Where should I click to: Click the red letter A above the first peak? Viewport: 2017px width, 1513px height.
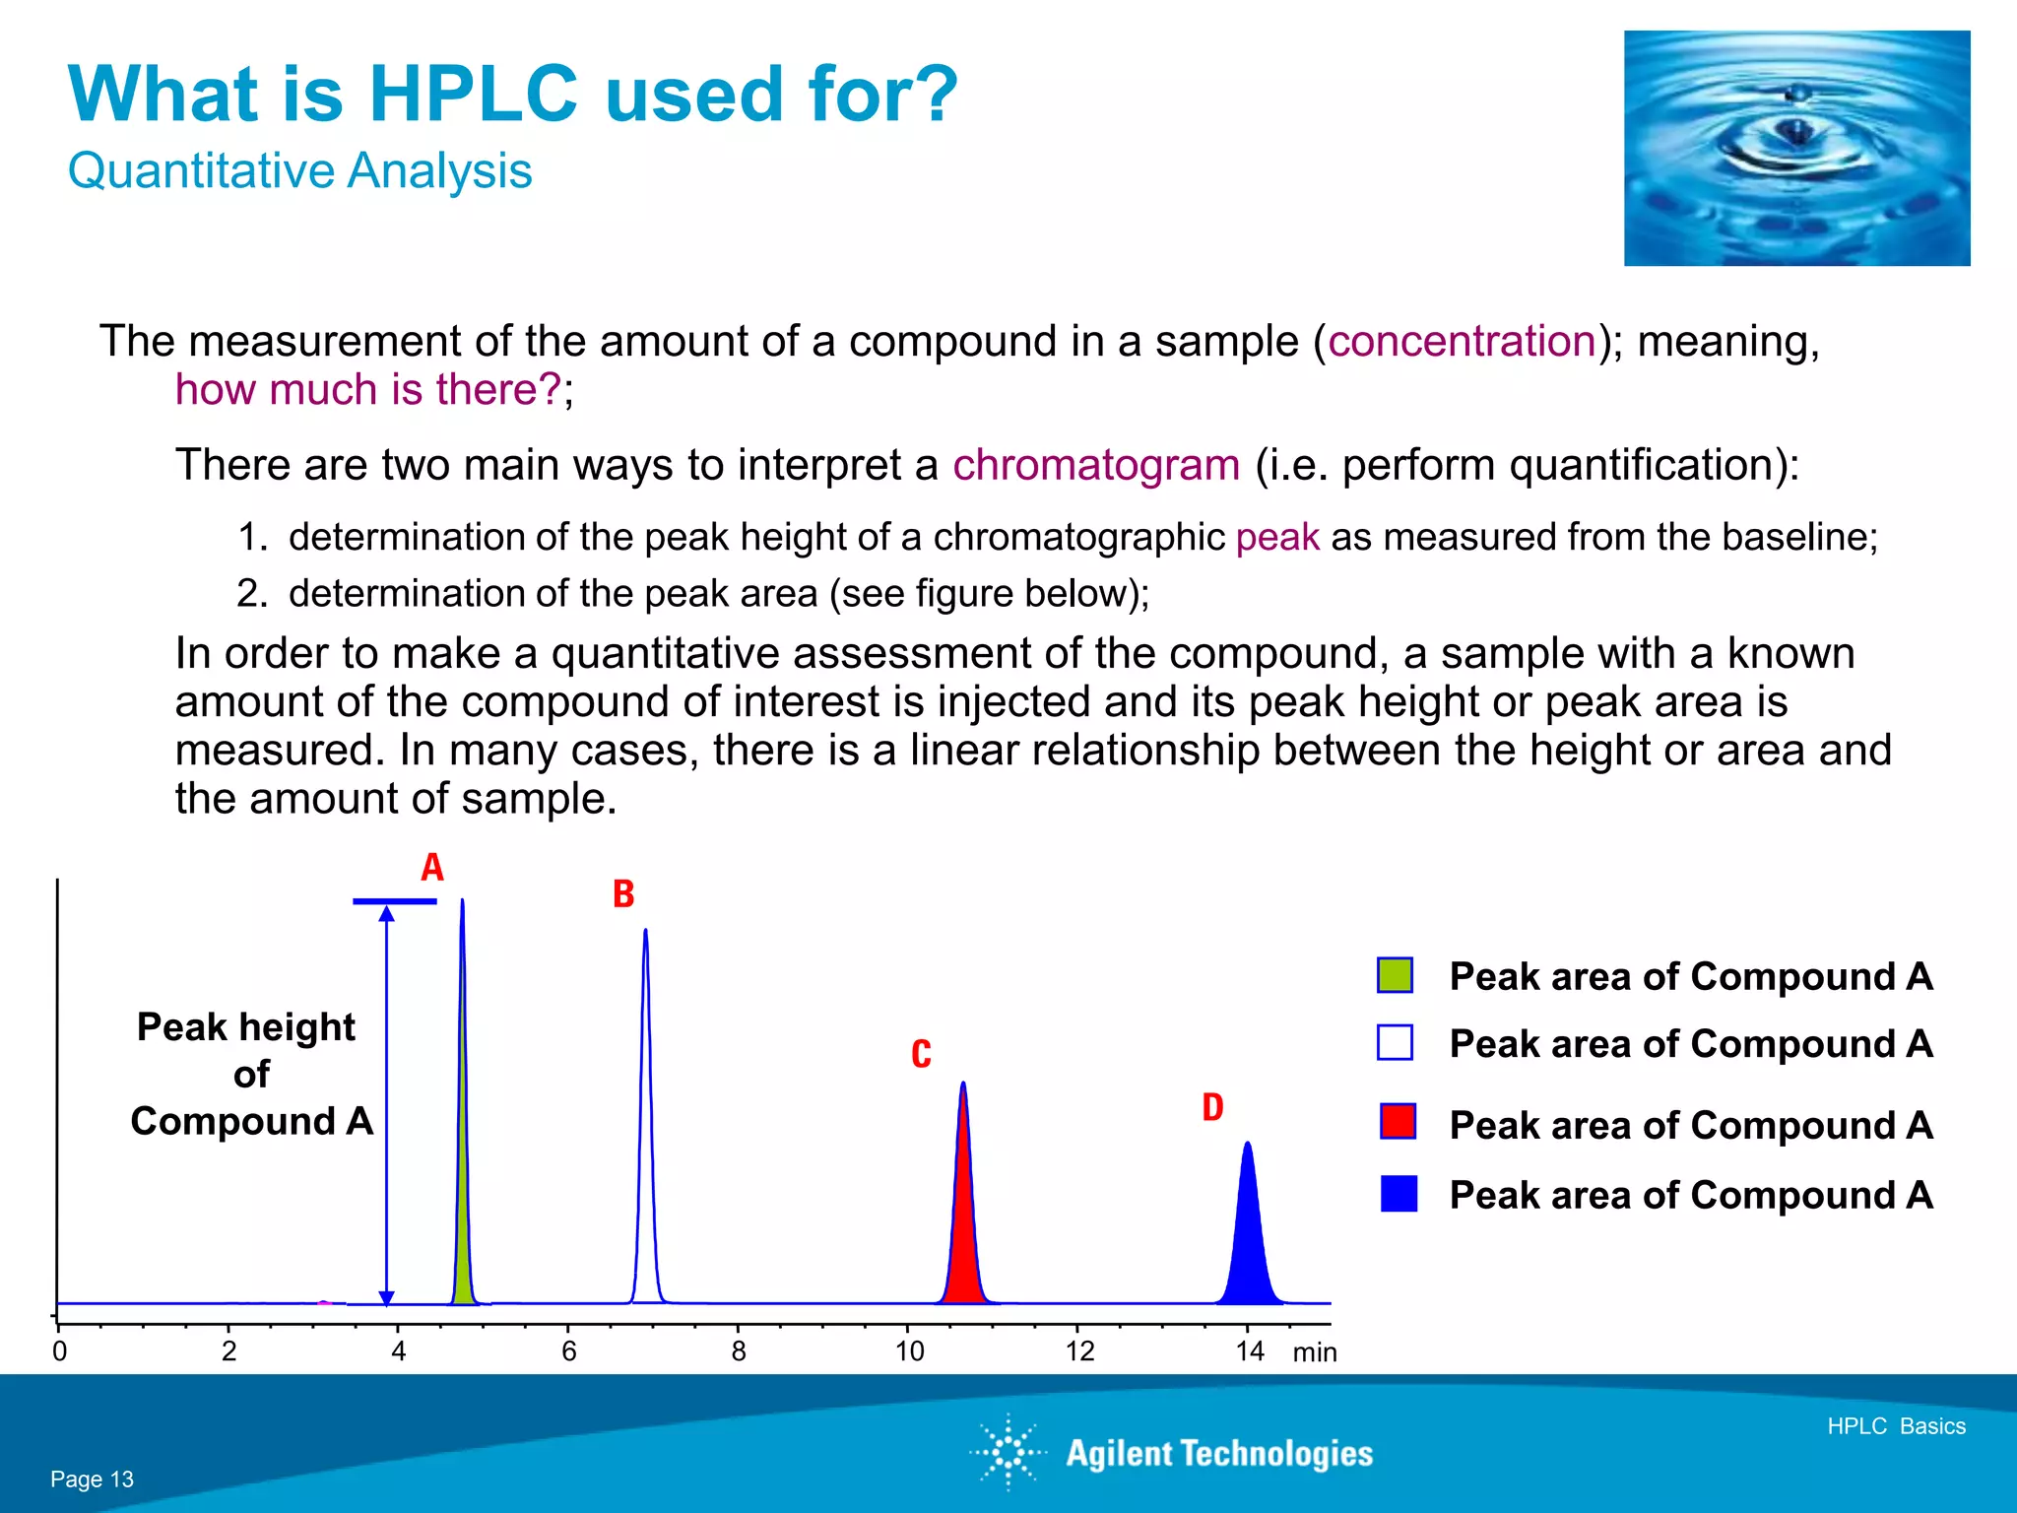pyautogui.click(x=432, y=868)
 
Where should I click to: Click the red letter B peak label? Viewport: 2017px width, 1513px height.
pyautogui.click(x=623, y=894)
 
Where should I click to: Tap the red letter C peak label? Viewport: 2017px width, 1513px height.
pyautogui.click(x=921, y=1054)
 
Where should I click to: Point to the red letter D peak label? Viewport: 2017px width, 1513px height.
pyautogui.click(x=1212, y=1107)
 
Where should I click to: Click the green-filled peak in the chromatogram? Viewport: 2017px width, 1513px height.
pyautogui.click(x=463, y=1231)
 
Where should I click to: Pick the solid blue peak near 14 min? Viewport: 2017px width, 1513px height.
pyautogui.click(x=1249, y=1241)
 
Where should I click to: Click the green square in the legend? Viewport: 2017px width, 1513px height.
pyautogui.click(x=1395, y=975)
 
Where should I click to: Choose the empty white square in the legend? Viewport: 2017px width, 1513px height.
pyautogui.click(x=1395, y=1042)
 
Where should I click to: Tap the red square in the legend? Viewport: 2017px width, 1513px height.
pyautogui.click(x=1398, y=1122)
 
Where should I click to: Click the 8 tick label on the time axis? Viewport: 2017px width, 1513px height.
pyautogui.click(x=739, y=1351)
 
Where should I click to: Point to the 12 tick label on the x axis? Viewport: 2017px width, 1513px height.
pyautogui.click(x=1079, y=1351)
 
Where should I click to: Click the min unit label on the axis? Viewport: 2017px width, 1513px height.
pyautogui.click(x=1314, y=1352)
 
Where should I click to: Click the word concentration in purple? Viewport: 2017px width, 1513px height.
pyautogui.click(x=1462, y=342)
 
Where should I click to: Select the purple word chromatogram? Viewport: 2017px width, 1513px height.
pyautogui.click(x=1095, y=465)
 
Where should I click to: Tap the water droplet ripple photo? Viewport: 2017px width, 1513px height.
pyautogui.click(x=1796, y=148)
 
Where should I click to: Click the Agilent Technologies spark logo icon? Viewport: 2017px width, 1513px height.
pyautogui.click(x=1008, y=1452)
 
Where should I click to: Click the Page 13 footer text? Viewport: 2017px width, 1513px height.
pyautogui.click(x=92, y=1480)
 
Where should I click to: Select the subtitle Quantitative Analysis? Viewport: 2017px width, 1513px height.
pyautogui.click(x=299, y=171)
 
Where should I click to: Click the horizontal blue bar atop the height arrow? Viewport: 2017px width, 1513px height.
pyautogui.click(x=394, y=901)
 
